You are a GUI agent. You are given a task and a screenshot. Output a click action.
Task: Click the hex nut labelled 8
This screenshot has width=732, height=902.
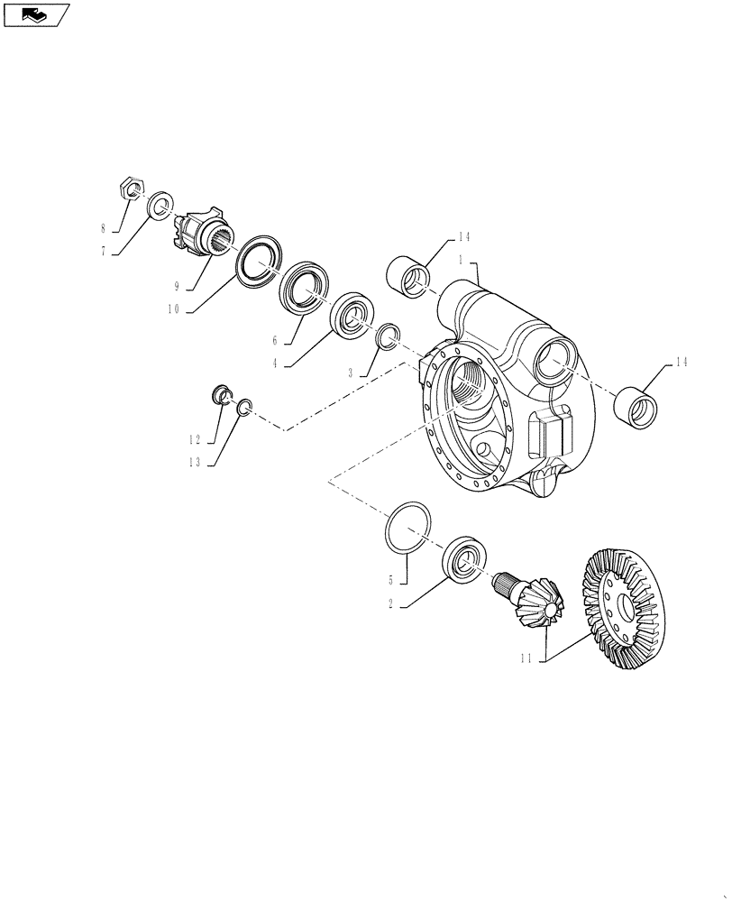pyautogui.click(x=131, y=189)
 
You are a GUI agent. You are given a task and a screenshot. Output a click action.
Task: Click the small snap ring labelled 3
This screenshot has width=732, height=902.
pyautogui.click(x=387, y=336)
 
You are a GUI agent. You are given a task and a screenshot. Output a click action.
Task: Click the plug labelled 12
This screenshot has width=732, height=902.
pyautogui.click(x=220, y=395)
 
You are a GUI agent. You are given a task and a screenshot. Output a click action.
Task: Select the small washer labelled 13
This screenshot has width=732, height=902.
pyautogui.click(x=243, y=410)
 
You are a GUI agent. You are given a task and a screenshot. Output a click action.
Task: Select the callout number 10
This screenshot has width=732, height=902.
pyautogui.click(x=173, y=308)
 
